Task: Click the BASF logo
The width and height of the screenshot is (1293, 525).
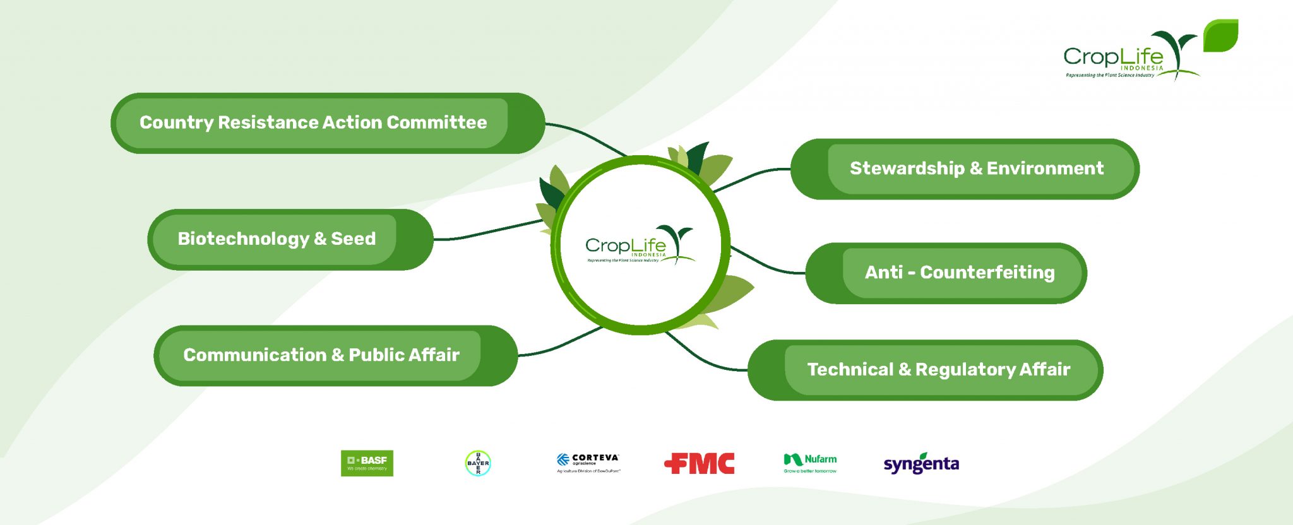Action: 367,463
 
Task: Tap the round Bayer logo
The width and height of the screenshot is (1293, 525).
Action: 478,463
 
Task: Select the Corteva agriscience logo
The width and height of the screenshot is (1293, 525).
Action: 588,463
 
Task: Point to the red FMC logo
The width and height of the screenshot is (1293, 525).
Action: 700,464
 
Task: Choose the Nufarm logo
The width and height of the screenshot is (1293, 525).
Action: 810,463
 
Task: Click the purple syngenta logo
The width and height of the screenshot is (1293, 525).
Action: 921,464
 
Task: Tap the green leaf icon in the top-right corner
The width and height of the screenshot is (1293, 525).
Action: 1220,35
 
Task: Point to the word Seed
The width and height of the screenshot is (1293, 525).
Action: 353,239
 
